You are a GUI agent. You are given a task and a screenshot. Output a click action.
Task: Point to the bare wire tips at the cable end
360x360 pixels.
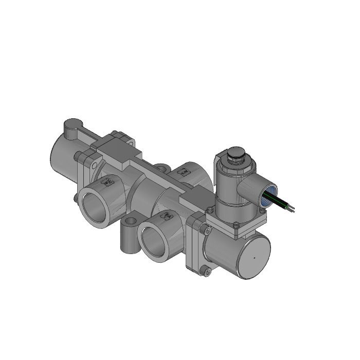[x=292, y=209]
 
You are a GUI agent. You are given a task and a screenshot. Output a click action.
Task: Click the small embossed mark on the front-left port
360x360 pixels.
[x=108, y=181]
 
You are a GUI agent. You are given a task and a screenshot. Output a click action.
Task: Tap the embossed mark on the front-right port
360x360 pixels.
[x=167, y=217]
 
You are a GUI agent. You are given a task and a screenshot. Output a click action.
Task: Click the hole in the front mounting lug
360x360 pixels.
[x=131, y=222]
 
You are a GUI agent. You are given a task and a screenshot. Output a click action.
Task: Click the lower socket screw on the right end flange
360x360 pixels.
[x=207, y=271]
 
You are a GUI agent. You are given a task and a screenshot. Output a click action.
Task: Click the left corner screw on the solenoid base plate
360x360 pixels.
[x=209, y=210]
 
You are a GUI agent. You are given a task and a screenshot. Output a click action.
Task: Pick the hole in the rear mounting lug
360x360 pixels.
[x=163, y=167]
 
